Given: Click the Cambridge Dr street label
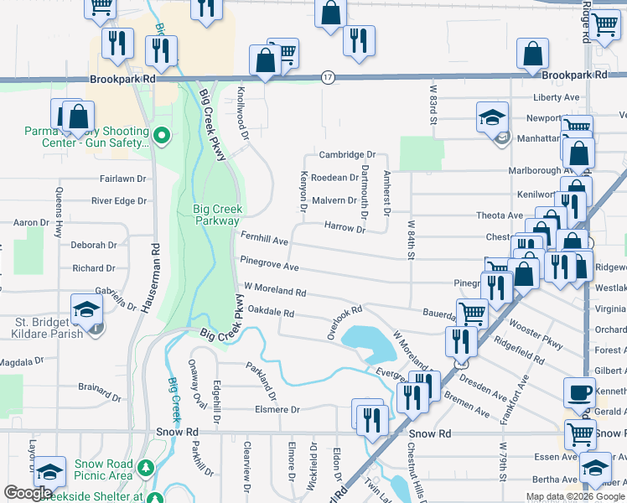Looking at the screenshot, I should pos(346,155).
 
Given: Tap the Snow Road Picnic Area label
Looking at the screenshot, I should pos(104,470).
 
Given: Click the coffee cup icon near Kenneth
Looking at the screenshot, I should pos(579,392).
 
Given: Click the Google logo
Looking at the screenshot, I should pos(28,493).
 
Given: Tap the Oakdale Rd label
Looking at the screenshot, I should pos(271,313).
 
